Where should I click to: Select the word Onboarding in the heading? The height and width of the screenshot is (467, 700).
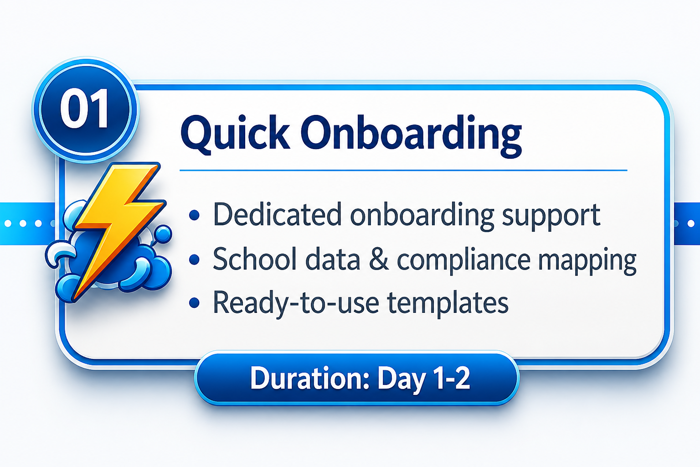click(x=411, y=135)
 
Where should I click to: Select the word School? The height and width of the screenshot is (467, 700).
click(x=255, y=259)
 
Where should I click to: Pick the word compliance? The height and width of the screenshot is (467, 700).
click(x=463, y=259)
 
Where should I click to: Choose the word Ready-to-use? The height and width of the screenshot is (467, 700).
click(x=296, y=303)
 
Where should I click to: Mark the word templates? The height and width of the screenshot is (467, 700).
click(x=448, y=303)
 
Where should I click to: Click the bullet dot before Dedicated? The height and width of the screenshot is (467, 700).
click(x=195, y=215)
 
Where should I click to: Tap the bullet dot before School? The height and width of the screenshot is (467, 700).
click(x=195, y=259)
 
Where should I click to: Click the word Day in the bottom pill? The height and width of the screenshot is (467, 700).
click(x=401, y=379)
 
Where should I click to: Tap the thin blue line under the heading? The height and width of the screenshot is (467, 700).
click(x=403, y=171)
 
